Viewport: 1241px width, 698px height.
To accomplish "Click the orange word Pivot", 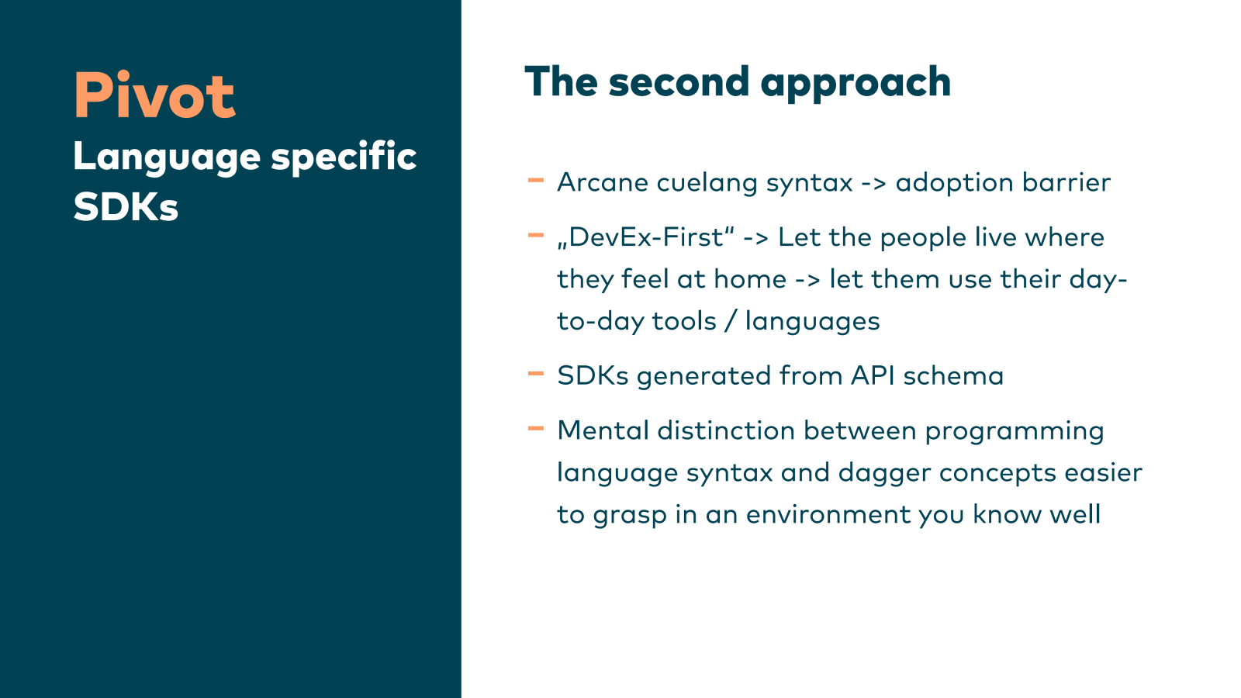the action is pos(154,95).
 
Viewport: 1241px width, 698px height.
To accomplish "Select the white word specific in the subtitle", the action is pos(344,157).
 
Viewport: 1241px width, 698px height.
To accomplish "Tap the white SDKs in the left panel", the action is pos(126,207).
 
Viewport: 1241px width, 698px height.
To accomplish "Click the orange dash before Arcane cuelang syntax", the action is pos(536,180).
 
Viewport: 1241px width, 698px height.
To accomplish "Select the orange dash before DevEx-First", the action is pos(536,236).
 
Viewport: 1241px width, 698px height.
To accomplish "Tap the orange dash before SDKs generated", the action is pos(536,374).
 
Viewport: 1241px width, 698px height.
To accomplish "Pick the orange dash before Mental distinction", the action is pos(536,428).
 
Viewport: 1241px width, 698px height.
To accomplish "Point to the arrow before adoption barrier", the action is pos(873,184).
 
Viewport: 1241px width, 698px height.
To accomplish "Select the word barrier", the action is pos(1066,182).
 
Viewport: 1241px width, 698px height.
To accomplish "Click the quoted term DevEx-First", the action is pos(645,237).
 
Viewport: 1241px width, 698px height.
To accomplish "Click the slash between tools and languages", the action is pos(731,321).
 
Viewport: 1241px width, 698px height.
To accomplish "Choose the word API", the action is pos(873,376).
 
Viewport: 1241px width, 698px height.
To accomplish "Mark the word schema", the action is pos(953,376).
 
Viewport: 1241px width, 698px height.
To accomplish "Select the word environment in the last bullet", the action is pos(828,515).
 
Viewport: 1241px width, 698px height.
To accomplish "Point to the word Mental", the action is pos(603,431).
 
